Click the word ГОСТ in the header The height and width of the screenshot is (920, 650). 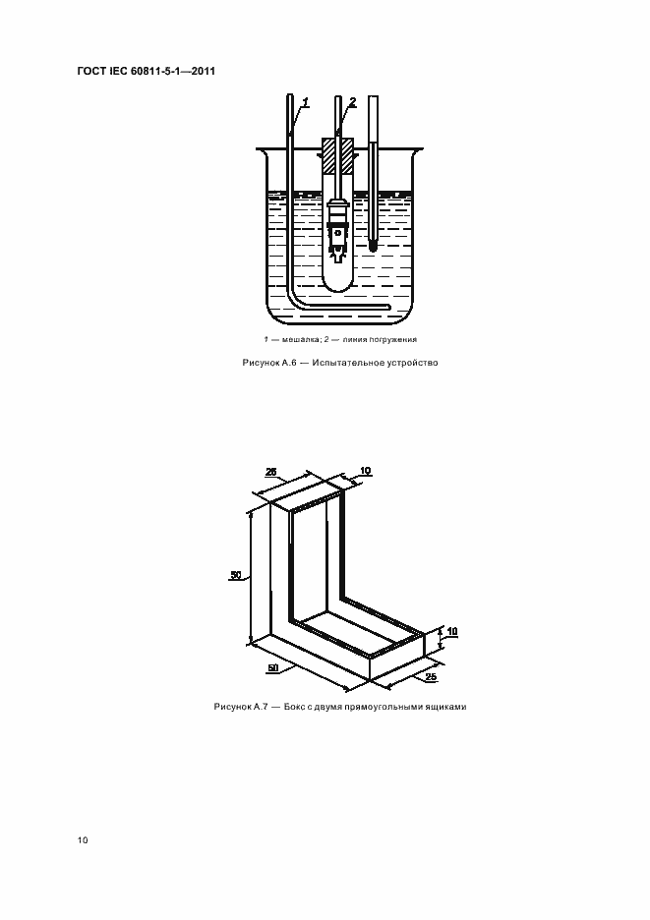coord(90,72)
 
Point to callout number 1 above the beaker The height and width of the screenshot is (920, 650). coord(306,102)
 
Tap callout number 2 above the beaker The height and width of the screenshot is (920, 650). coord(352,102)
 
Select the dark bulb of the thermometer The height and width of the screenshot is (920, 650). coord(374,245)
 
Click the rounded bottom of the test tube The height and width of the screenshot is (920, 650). coord(337,282)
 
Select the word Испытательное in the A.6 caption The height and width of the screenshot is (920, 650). coord(347,363)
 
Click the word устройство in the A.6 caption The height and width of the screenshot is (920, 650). coord(413,363)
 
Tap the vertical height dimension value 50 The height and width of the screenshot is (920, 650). coord(235,575)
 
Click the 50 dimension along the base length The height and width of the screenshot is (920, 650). coord(272,667)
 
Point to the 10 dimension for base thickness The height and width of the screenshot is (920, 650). coord(452,631)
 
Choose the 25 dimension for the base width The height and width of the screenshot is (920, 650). coord(431,676)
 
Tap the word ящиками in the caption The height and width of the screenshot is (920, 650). coord(447,707)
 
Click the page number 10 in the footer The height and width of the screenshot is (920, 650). coord(83,840)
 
